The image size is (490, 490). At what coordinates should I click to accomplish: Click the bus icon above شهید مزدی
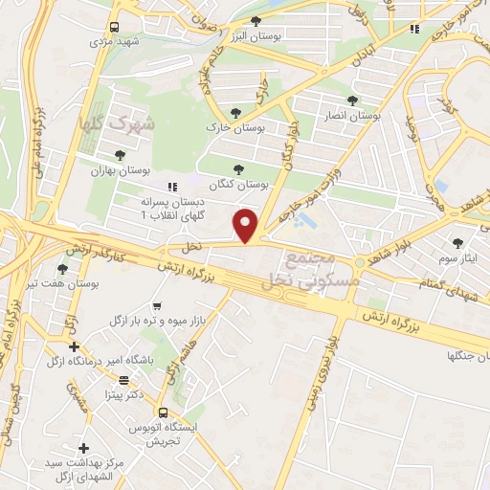[114, 27]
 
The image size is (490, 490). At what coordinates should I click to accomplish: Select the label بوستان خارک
[226, 126]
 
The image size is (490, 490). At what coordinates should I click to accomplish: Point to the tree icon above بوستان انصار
[353, 99]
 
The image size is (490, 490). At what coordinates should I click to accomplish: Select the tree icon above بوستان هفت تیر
[63, 270]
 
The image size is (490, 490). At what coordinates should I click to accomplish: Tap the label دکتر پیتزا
[123, 393]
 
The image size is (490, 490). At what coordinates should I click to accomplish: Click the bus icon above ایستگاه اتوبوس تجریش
[161, 412]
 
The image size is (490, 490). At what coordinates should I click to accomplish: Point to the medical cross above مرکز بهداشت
[83, 448]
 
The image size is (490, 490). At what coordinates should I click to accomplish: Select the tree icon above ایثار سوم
[457, 242]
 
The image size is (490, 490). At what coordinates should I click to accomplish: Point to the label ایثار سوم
[457, 258]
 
